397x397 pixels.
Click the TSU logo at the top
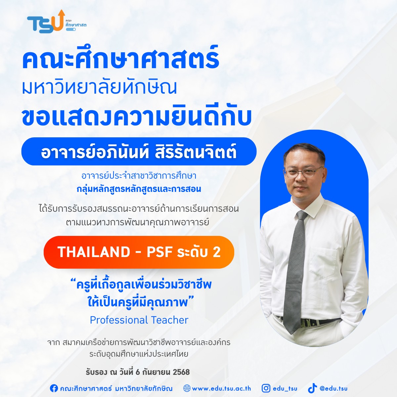click(57, 22)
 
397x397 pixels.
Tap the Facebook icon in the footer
click(54, 388)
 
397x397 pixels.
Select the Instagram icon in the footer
click(266, 388)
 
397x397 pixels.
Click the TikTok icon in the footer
click(312, 388)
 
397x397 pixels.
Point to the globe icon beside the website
click(187, 388)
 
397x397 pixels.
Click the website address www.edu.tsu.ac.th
click(221, 389)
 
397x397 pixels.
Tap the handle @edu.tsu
click(333, 388)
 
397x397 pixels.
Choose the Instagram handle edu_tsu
click(285, 389)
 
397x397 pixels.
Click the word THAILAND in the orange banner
click(94, 252)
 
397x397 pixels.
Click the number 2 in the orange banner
click(216, 252)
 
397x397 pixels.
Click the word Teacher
click(170, 320)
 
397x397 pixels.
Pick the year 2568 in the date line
click(181, 372)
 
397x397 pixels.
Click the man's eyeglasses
click(303, 173)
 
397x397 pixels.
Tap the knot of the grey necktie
click(302, 215)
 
